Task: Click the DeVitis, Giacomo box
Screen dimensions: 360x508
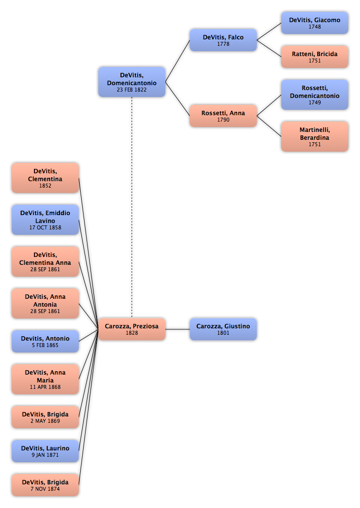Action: click(315, 23)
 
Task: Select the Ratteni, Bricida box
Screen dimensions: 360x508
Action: click(315, 57)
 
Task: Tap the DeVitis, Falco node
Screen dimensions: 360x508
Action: click(223, 40)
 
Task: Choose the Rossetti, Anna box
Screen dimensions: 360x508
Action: click(223, 116)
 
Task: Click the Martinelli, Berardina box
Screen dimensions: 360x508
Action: click(315, 136)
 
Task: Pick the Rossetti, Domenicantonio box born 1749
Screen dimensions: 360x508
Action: click(315, 95)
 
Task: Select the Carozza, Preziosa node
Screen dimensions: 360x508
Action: click(132, 329)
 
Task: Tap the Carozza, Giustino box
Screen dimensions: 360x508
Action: click(223, 329)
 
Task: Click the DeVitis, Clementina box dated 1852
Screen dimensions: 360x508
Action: click(45, 178)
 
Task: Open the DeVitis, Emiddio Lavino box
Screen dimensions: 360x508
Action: click(45, 220)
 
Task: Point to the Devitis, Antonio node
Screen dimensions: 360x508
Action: click(45, 341)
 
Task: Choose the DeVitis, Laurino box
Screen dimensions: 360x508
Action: click(45, 451)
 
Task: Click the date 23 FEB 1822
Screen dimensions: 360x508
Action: click(132, 90)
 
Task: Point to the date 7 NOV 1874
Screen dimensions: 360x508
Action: click(45, 489)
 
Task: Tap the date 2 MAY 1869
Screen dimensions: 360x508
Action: click(45, 421)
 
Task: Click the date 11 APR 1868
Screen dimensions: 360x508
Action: click(45, 387)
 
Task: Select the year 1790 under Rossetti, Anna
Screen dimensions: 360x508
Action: click(223, 120)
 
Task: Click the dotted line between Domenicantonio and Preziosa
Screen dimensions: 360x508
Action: click(132, 207)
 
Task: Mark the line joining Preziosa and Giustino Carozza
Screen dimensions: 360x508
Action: click(178, 329)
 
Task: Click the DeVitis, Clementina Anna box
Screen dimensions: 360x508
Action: click(45, 261)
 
